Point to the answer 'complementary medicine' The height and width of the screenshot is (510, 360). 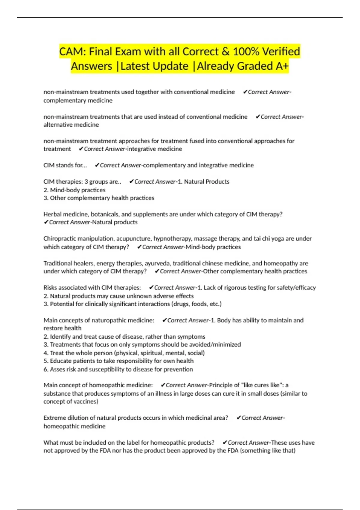78,100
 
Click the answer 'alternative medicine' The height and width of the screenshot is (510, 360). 71,125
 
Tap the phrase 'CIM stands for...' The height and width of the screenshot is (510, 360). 65,165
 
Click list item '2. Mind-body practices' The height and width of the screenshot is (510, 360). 74,190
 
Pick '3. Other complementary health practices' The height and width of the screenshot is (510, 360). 99,198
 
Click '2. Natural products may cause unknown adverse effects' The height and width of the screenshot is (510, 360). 118,296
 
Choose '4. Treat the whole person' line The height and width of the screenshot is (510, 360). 124,353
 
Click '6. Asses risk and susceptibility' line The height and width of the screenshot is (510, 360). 118,370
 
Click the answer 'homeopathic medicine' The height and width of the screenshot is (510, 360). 74,426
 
